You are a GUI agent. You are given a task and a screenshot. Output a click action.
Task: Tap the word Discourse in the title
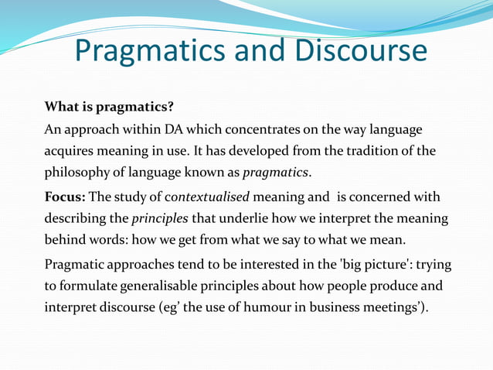[360, 51]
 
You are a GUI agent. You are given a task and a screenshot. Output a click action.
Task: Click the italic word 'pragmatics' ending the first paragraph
[276, 172]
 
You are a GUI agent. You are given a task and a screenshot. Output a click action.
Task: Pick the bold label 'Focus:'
[66, 197]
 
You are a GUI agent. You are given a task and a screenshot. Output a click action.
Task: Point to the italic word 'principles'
[159, 219]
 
